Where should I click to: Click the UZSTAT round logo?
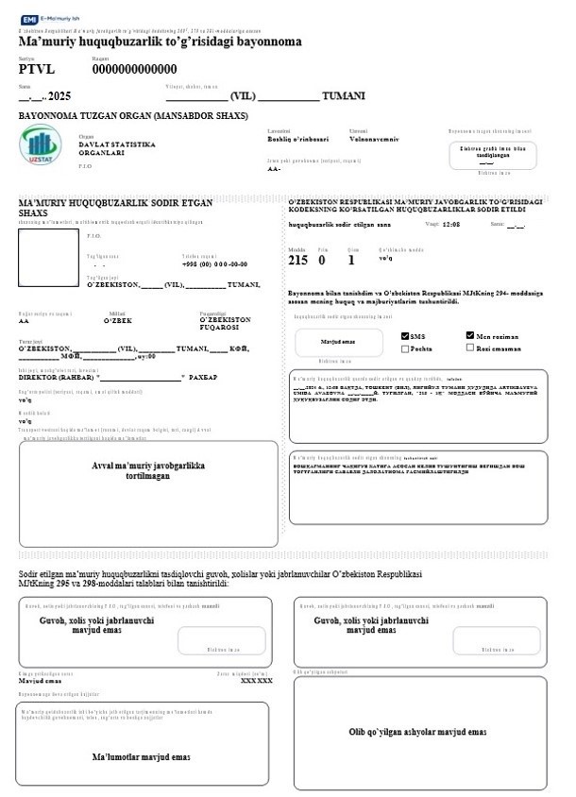[x=40, y=146]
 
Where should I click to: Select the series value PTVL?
[x=37, y=69]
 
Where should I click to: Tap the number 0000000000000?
[x=134, y=69]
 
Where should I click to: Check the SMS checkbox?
[x=406, y=336]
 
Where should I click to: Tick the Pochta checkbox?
[x=406, y=348]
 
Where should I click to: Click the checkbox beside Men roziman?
[x=470, y=335]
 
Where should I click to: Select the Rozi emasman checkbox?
[x=470, y=348]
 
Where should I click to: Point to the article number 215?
[x=298, y=260]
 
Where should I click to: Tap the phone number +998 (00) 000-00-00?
[x=214, y=264]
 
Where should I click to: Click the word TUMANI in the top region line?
[x=344, y=96]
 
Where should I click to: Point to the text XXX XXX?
[x=257, y=680]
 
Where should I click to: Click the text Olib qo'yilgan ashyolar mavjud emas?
[x=418, y=732]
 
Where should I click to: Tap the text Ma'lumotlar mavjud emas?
[x=142, y=756]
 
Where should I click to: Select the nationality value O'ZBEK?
[x=119, y=321]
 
